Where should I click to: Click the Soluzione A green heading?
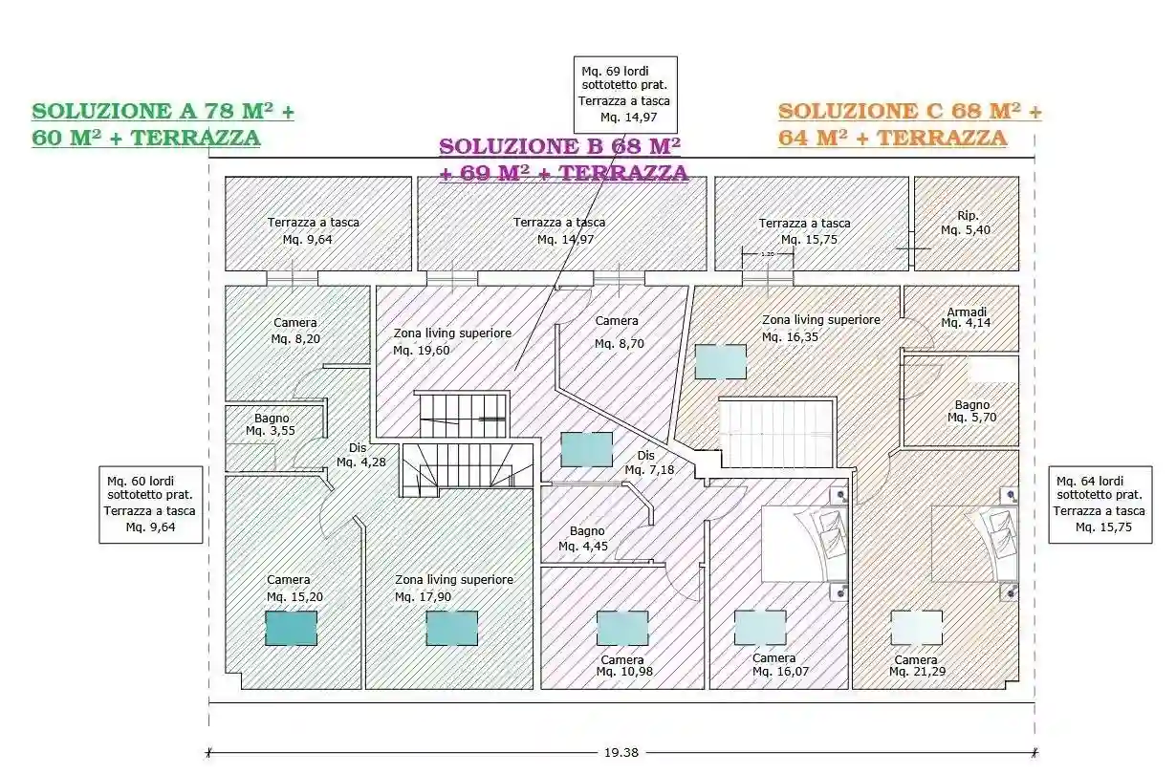pos(163,124)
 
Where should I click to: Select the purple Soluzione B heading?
pos(562,160)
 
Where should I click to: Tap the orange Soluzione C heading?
pos(908,124)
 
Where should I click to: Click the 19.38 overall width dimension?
pos(621,752)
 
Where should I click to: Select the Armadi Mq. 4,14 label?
pos(966,317)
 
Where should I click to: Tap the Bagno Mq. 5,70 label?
pos(971,411)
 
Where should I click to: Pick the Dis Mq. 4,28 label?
pos(359,456)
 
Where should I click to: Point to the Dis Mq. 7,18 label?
pos(647,462)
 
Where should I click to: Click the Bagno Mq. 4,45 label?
pos(586,538)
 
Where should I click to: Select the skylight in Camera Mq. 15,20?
pos(291,628)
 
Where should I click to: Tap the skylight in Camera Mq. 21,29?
pos(916,628)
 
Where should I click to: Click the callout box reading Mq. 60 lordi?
pos(152,504)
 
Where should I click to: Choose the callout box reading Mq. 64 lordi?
pos(1100,504)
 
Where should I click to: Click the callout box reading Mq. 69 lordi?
pos(625,94)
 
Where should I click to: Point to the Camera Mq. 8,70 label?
pos(617,332)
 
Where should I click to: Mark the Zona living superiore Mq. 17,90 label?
pos(454,588)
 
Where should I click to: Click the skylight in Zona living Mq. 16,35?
pos(720,361)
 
